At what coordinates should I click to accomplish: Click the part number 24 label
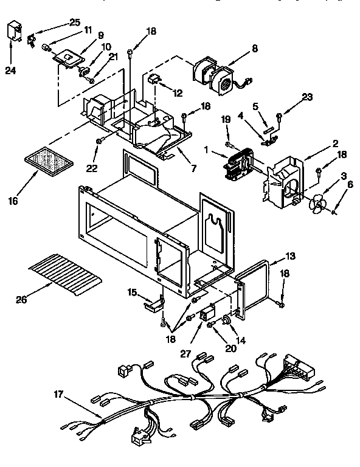(10, 71)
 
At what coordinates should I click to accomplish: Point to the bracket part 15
(154, 302)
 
